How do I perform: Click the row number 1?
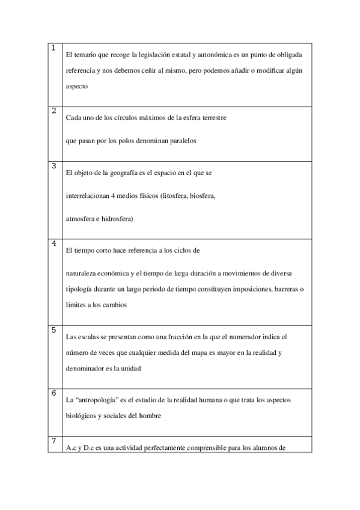tap(54, 48)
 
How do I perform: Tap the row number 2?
tap(54, 111)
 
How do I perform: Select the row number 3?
tap(54, 165)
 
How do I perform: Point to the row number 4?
tap(54, 243)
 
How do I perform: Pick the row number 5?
tap(54, 330)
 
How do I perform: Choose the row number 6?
tap(54, 393)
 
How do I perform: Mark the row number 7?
tap(54, 441)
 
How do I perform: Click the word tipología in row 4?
tap(78, 289)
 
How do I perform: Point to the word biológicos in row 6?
tap(81, 416)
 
